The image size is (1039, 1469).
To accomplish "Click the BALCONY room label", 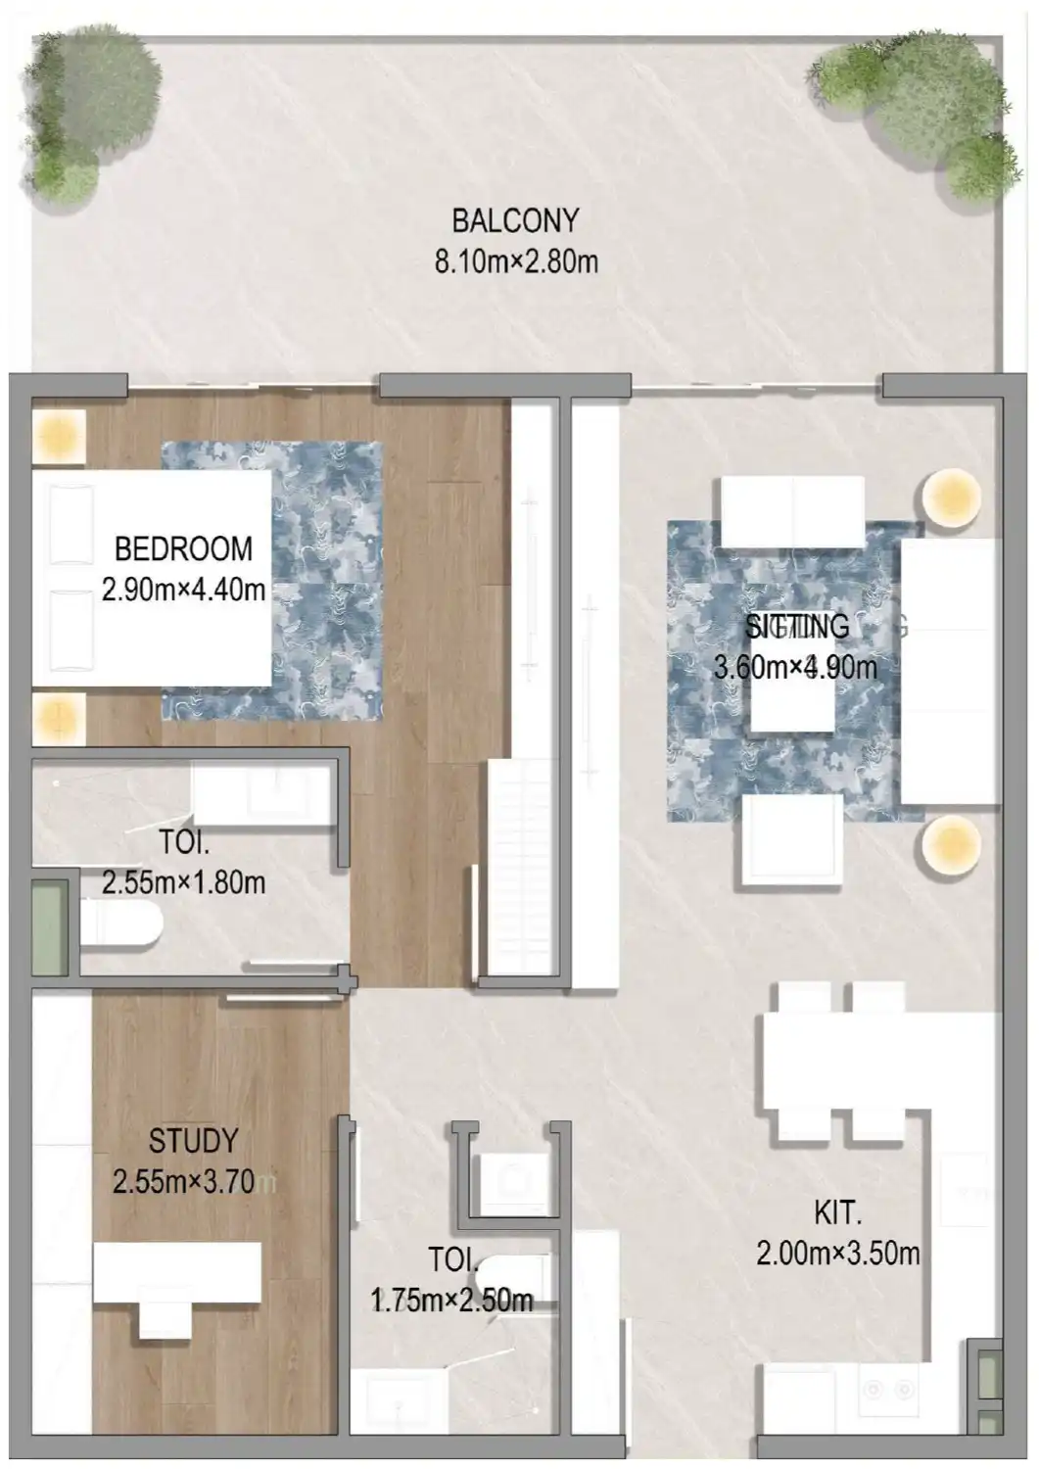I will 515,221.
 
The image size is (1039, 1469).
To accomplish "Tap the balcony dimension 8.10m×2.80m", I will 515,262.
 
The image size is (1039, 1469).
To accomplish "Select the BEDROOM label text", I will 183,548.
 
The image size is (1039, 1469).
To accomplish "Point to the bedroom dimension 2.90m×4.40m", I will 183,591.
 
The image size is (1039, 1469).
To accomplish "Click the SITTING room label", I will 796,626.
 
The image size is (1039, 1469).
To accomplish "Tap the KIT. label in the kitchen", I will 837,1213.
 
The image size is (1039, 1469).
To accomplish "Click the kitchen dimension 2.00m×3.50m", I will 837,1254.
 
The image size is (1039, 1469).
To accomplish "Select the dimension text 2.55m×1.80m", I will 183,882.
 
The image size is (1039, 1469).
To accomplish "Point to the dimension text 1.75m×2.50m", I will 451,1301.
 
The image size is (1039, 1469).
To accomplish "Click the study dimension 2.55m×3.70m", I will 185,1182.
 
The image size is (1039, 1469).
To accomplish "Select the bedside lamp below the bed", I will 59,720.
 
